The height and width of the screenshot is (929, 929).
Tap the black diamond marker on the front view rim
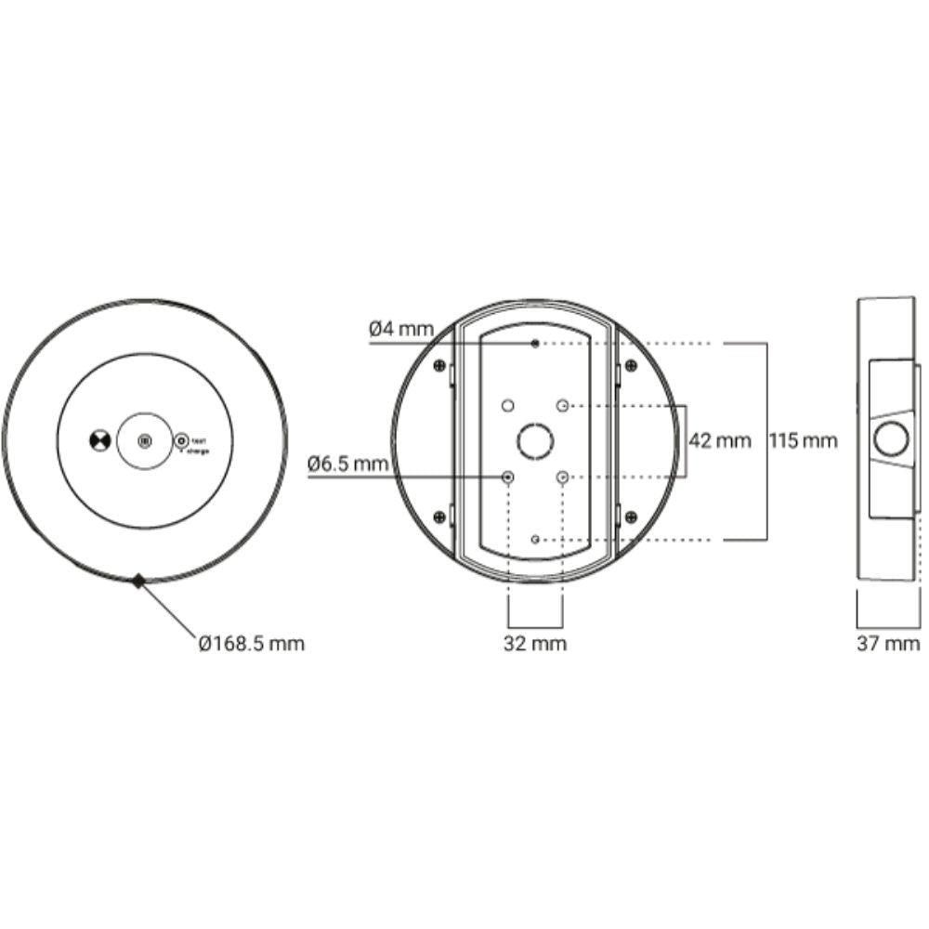pyautogui.click(x=138, y=582)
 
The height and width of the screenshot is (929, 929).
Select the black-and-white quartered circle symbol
pyautogui.click(x=98, y=441)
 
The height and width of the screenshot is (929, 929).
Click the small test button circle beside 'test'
pyautogui.click(x=182, y=440)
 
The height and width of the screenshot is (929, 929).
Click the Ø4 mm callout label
pyautogui.click(x=400, y=328)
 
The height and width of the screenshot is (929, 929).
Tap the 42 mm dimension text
pyautogui.click(x=719, y=441)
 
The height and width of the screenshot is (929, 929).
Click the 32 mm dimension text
pyautogui.click(x=535, y=643)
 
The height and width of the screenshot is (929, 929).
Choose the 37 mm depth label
pyautogui.click(x=888, y=643)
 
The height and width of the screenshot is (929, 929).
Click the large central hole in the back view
pyautogui.click(x=535, y=440)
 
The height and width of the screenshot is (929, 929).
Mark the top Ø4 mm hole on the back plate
pyautogui.click(x=535, y=344)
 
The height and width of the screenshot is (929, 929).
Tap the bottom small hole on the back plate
pyautogui.click(x=535, y=539)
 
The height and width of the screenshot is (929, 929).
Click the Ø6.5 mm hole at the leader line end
pyautogui.click(x=507, y=477)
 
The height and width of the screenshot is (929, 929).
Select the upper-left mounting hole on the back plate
pyautogui.click(x=507, y=406)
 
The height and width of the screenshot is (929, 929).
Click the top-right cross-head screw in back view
pyautogui.click(x=631, y=364)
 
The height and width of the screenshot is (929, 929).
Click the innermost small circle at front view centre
pyautogui.click(x=143, y=441)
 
